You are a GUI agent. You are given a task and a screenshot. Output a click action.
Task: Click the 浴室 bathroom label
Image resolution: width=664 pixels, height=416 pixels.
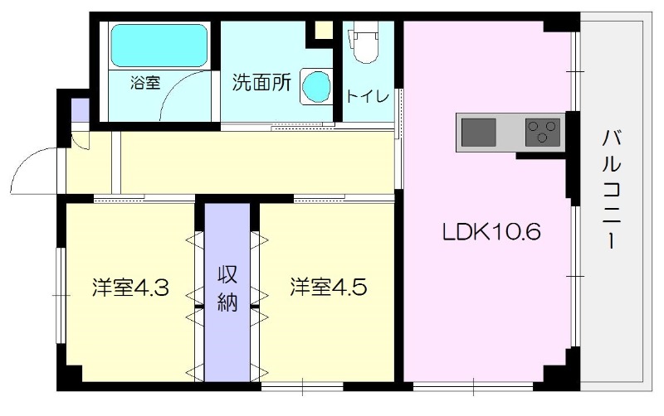(x=145, y=83)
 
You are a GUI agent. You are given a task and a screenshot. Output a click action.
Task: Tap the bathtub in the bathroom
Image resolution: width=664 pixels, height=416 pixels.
(x=159, y=46)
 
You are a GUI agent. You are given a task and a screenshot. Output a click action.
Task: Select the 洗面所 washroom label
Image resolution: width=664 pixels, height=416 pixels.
(x=261, y=83)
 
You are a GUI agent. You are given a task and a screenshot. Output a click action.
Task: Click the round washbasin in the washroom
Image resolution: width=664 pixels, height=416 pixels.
(x=315, y=85)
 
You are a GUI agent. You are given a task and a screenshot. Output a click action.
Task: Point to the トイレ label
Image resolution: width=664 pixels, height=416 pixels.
(x=368, y=97)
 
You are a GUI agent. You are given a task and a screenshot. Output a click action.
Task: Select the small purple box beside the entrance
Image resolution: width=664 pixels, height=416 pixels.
(x=79, y=110)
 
